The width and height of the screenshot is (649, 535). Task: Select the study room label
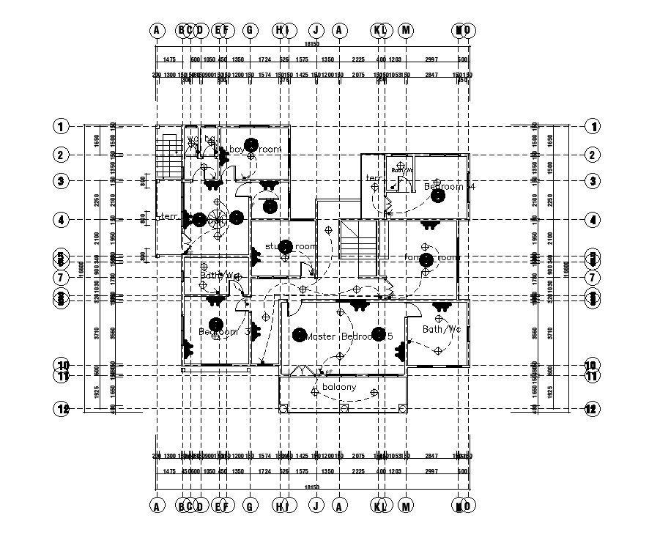[291, 246]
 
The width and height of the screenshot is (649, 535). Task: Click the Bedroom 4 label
[450, 187]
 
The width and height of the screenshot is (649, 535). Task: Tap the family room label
[433, 257]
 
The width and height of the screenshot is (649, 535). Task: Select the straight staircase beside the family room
[358, 239]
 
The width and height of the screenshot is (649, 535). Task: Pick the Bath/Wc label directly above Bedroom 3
[217, 276]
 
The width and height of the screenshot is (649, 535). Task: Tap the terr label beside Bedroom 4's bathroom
[374, 178]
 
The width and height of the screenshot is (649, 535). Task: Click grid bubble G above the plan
[249, 30]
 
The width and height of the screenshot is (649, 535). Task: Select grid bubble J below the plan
[315, 504]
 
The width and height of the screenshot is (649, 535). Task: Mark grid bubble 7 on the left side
[61, 278]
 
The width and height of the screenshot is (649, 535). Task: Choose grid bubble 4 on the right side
[593, 219]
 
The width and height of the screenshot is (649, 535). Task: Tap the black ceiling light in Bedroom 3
[215, 323]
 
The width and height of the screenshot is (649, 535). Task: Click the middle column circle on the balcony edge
[344, 408]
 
